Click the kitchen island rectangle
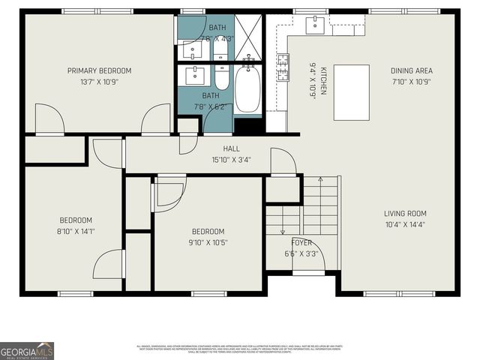point(351,92)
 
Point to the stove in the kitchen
point(283,68)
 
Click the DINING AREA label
point(411,70)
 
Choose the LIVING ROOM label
point(406,213)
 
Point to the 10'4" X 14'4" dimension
point(406,223)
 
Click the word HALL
point(231,148)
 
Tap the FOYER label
point(302,243)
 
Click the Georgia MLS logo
point(27,350)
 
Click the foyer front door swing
point(315,259)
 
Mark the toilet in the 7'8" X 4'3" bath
point(221,49)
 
